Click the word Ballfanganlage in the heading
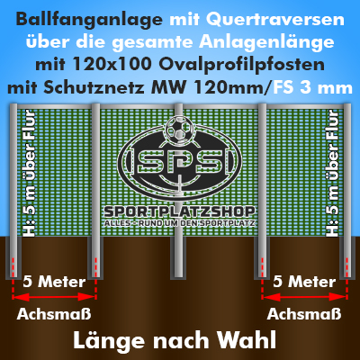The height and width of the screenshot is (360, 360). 89,20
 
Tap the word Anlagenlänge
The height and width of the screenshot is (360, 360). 266,42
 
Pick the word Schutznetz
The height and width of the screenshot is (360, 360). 94,87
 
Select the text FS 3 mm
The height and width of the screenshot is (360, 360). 311,87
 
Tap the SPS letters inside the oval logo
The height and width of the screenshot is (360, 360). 180,163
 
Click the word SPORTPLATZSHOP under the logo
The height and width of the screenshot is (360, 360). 179,212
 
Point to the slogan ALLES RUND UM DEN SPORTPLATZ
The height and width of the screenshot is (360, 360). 179,223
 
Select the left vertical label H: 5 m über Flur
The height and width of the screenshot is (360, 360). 29,174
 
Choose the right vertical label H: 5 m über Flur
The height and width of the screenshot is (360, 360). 332,174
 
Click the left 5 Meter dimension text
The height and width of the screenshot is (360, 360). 54,282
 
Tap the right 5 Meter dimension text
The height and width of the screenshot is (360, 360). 304,282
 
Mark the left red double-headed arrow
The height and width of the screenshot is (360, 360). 54,297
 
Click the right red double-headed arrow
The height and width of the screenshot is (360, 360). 304,297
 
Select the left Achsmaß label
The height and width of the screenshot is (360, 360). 54,314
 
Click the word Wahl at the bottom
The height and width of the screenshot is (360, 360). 247,340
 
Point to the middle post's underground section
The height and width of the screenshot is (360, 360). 178,257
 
